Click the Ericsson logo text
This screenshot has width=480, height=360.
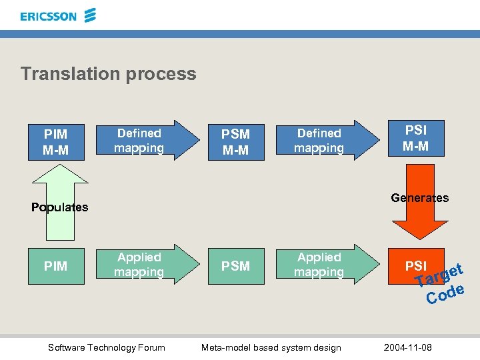click(x=49, y=16)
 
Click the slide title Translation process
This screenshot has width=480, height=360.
click(x=108, y=73)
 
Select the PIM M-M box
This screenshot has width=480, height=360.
click(x=55, y=141)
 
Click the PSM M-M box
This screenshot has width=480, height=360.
click(x=235, y=141)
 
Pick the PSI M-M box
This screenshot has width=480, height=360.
click(x=415, y=138)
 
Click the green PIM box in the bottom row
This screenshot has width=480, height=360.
click(x=55, y=266)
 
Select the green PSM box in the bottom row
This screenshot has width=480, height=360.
click(x=235, y=266)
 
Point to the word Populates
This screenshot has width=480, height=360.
click(x=60, y=207)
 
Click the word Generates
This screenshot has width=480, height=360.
click(x=420, y=197)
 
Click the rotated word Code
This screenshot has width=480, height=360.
click(x=445, y=294)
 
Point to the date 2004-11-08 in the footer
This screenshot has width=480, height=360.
click(x=408, y=347)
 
